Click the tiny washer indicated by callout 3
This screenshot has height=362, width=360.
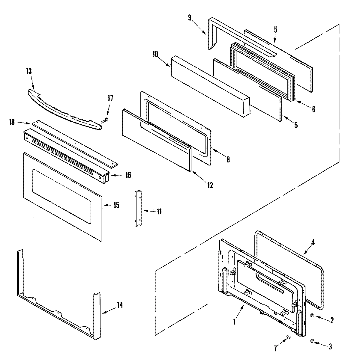312,341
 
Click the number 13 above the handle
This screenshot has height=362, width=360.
29,71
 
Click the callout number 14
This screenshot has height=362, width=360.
120,305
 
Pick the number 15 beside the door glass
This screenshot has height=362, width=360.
116,205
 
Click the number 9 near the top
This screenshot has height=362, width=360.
190,18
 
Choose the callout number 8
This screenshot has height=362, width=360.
228,159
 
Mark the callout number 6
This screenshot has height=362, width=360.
313,109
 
